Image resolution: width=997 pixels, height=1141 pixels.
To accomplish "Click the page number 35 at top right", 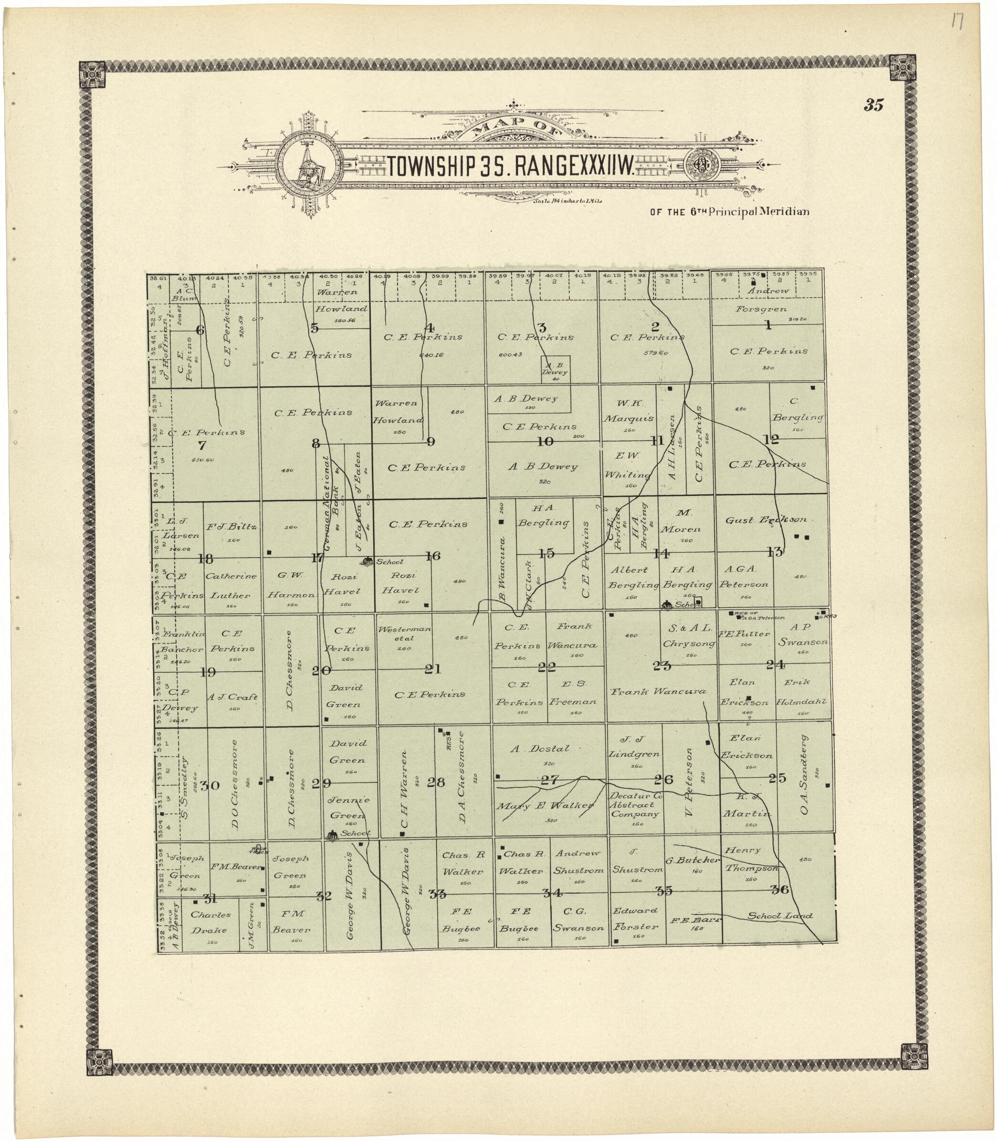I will pyautogui.click(x=873, y=104).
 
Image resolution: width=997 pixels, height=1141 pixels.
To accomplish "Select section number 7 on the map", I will pyautogui.click(x=202, y=445).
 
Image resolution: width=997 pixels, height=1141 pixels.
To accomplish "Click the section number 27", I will pyautogui.click(x=549, y=780).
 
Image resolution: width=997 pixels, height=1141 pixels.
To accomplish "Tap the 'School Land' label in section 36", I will pyautogui.click(x=779, y=916).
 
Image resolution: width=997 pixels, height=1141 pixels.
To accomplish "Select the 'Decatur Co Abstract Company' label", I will pyautogui.click(x=635, y=805).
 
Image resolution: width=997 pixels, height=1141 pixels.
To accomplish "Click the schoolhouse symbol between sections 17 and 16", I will pyautogui.click(x=367, y=561).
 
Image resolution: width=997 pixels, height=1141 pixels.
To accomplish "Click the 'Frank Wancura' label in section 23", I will pyautogui.click(x=658, y=692).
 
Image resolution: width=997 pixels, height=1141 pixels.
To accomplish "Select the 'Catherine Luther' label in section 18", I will pyautogui.click(x=231, y=585).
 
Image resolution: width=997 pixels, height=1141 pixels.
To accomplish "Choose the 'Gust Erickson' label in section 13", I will pyautogui.click(x=766, y=520).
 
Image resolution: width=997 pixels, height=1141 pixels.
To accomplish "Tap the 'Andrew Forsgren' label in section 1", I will pyautogui.click(x=768, y=299).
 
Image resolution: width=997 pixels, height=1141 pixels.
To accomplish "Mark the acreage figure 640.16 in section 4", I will pyautogui.click(x=430, y=355).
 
